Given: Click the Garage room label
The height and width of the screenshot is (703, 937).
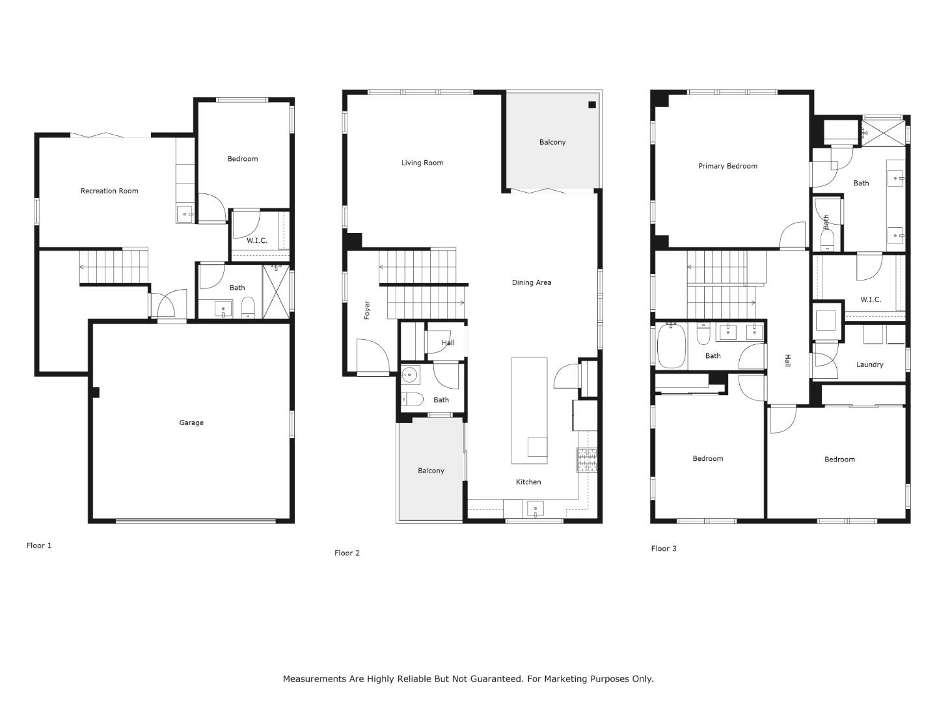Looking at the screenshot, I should tap(191, 422).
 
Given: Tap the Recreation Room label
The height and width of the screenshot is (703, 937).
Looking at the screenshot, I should tap(109, 191).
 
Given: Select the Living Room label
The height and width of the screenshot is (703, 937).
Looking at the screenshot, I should tap(422, 163).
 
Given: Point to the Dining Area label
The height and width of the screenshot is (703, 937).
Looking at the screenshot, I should tap(531, 283).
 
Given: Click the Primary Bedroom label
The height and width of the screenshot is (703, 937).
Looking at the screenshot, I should tap(727, 166).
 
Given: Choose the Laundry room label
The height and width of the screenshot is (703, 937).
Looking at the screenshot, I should tap(869, 365).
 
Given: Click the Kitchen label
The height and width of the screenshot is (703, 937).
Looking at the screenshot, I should tap(528, 482).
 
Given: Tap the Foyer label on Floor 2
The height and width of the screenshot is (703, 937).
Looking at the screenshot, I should tap(366, 310).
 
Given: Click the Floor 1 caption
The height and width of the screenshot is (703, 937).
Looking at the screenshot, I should tap(39, 545).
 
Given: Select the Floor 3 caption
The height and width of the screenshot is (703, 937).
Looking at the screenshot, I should tap(664, 548).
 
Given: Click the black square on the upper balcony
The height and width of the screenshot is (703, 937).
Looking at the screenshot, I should tap(592, 105).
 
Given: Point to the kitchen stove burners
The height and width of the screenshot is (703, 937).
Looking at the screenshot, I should tap(586, 460).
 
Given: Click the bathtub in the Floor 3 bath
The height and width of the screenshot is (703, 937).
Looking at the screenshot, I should tap(672, 347).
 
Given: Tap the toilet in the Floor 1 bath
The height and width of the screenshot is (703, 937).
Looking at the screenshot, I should tap(247, 307).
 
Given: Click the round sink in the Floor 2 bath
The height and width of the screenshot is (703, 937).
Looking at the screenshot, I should tap(409, 375).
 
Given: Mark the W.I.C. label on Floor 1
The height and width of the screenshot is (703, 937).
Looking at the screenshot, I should tap(256, 240).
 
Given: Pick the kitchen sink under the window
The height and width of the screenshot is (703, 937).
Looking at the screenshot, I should tap(535, 508).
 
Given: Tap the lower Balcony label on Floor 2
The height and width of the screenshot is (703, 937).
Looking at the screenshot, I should tap(431, 471).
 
